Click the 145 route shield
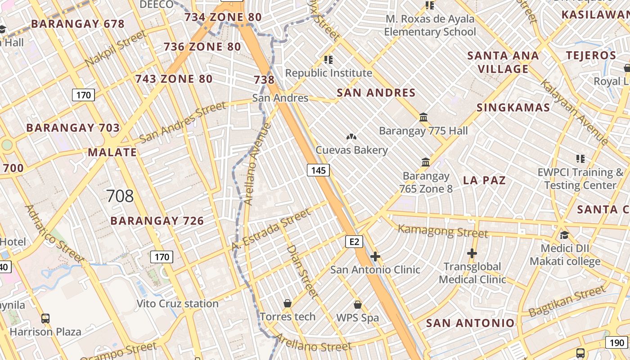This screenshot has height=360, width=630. [318, 170]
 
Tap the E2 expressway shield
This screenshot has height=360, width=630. [354, 242]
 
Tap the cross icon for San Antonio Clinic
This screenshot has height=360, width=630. [375, 256]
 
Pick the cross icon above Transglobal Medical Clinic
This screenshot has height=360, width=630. [472, 254]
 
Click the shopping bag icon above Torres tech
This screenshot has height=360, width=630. [288, 304]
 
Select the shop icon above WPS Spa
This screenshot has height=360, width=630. [358, 305]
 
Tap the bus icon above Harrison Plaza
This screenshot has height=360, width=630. [45, 319]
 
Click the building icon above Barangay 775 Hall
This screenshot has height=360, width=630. [423, 117]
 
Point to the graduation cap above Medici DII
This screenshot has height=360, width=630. [564, 235]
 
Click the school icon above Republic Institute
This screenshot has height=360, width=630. [328, 59]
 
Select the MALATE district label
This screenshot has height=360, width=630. [112, 152]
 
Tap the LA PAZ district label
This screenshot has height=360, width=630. [485, 180]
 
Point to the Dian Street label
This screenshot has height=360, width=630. [302, 271]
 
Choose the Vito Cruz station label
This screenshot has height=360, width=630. [177, 304]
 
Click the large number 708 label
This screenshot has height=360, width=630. [120, 196]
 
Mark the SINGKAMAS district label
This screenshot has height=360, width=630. [513, 108]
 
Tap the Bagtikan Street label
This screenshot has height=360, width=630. [567, 301]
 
